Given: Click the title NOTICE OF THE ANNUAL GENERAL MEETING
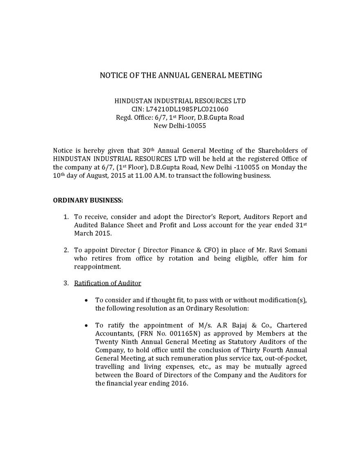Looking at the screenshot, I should [x=181, y=75].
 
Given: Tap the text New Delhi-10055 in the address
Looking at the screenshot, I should [x=179, y=126].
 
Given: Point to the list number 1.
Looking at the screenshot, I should [x=65, y=217].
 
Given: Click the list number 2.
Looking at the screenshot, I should [x=65, y=250].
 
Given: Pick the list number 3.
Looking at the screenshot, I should [x=65, y=283].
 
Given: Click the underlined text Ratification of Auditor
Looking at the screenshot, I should [x=107, y=283].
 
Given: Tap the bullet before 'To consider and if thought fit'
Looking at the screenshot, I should [x=86, y=300].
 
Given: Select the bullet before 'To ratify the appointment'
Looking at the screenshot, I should [x=86, y=326].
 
